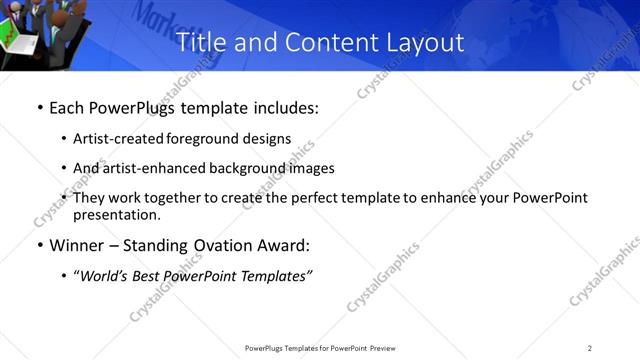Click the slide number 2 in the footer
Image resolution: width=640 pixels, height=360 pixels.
(x=590, y=348)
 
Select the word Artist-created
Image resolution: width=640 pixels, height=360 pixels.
(x=112, y=139)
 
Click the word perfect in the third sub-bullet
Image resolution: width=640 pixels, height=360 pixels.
(x=284, y=198)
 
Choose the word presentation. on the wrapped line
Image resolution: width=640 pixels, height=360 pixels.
(x=116, y=214)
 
